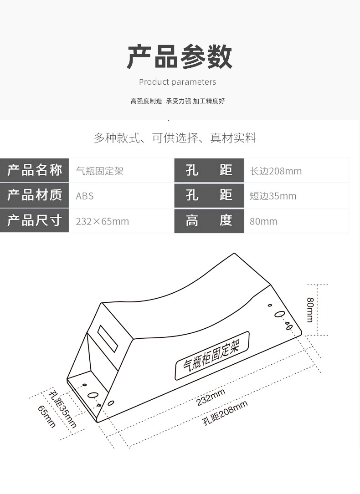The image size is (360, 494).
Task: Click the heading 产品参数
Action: point(180,57)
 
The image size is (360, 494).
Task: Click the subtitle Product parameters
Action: point(177,82)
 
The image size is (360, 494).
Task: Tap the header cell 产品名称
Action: point(35,171)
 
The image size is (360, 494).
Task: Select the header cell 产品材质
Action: point(35,195)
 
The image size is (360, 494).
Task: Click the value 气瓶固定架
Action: point(100,171)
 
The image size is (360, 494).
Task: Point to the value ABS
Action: point(85,196)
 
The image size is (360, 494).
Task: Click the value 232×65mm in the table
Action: point(103,222)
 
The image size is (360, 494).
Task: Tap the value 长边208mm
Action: point(276,171)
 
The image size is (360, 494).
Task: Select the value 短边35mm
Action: point(273,196)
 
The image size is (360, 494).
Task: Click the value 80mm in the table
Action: point(263,222)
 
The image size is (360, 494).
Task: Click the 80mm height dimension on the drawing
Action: point(310,310)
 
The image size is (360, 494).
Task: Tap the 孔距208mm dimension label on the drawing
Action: point(226,413)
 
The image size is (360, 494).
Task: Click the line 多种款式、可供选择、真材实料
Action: point(175,138)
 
